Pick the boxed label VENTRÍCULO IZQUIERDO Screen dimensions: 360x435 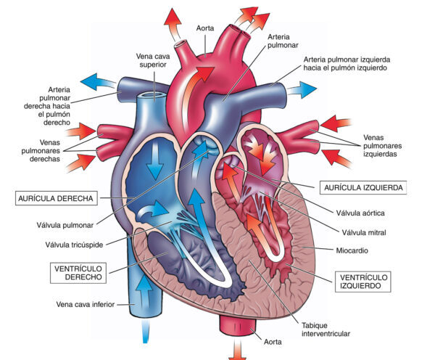pos(363,282)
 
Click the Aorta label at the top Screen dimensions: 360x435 pos(205,28)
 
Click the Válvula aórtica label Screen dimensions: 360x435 pos(366,213)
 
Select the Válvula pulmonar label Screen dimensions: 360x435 pos(77,225)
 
